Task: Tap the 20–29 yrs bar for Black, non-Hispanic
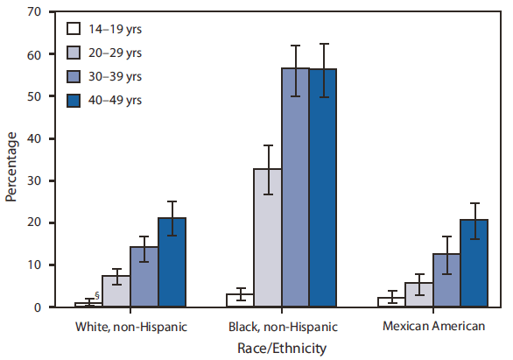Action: click(268, 237)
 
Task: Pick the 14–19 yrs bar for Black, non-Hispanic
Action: click(240, 300)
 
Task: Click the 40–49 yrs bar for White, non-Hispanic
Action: click(172, 262)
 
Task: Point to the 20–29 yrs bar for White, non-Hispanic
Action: click(116, 291)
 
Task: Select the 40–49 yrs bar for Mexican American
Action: click(476, 263)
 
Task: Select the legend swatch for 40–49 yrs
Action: click(75, 100)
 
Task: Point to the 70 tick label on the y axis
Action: click(34, 12)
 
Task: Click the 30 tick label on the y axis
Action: click(34, 180)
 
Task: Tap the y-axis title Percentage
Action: click(11, 166)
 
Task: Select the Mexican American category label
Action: click(434, 327)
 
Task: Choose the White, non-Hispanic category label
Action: click(130, 327)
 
